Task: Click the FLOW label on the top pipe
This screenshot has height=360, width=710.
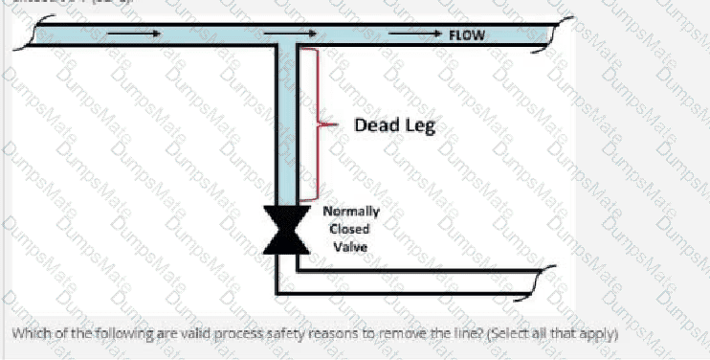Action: pos(466,35)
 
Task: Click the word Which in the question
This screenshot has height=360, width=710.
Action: pos(31,334)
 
